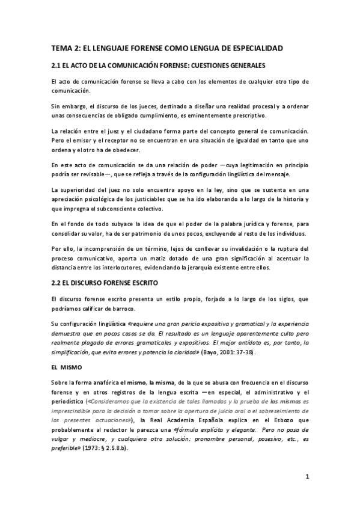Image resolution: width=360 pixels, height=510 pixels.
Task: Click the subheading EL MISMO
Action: [67, 366]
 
